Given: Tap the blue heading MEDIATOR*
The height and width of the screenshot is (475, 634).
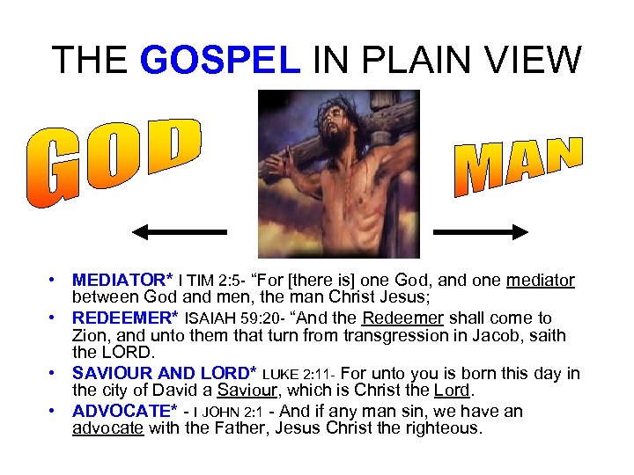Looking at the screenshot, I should pos(123,281).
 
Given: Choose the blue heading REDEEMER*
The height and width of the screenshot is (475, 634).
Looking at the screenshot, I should pos(126,318).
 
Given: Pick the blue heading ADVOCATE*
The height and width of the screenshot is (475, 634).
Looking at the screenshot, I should pos(124,411).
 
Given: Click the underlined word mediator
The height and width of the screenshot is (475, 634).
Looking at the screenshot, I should pos(540,281).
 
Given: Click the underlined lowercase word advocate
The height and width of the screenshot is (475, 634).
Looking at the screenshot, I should pos(107,429).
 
